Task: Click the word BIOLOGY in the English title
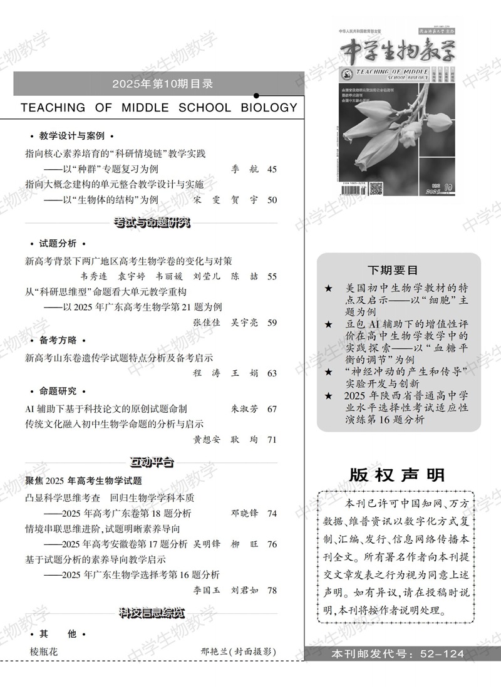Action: click(x=269, y=107)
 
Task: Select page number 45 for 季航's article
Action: click(x=272, y=169)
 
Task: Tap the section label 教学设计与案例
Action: click(x=71, y=136)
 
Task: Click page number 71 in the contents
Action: click(x=272, y=440)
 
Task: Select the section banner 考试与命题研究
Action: click(x=152, y=222)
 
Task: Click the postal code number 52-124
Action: click(x=442, y=654)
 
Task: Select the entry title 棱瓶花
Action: click(x=43, y=652)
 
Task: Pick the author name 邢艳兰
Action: click(x=214, y=652)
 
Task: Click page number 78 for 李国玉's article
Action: click(x=272, y=590)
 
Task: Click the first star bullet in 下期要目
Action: click(x=329, y=288)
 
